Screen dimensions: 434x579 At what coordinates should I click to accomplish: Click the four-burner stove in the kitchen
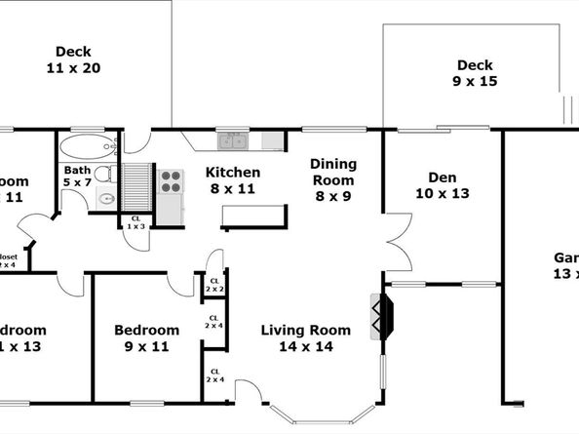tap(171, 181)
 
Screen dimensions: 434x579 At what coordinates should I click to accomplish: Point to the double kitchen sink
tap(233, 141)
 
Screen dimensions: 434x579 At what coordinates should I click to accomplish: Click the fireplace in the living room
tap(382, 317)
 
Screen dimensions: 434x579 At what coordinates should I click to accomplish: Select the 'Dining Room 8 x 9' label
tap(334, 179)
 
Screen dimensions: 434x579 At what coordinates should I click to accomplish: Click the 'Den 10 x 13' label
tap(443, 185)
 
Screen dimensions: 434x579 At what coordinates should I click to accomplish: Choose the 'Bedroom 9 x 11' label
tap(146, 337)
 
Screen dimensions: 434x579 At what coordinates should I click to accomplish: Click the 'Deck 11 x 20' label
tap(73, 59)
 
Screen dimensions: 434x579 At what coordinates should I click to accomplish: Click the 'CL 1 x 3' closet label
tap(135, 221)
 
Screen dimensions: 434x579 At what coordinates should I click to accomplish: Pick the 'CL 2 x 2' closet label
tap(214, 285)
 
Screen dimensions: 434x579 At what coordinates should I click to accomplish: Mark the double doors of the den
tap(396, 244)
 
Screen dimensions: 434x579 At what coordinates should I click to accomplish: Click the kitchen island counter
tap(254, 217)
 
